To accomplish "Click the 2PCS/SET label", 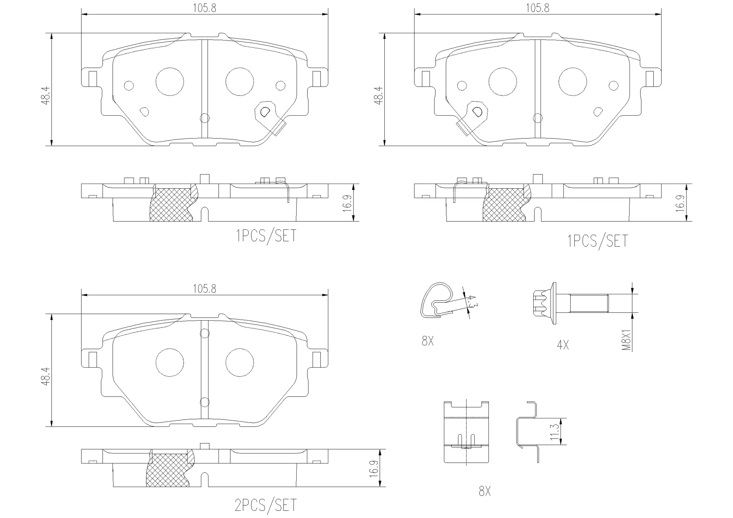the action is (266, 505).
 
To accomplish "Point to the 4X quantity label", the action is (563, 345).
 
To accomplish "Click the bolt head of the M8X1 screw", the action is (544, 304).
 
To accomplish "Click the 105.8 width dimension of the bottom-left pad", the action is (204, 289).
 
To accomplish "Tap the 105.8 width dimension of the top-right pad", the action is (538, 8).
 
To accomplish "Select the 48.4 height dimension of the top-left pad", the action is (46, 95).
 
